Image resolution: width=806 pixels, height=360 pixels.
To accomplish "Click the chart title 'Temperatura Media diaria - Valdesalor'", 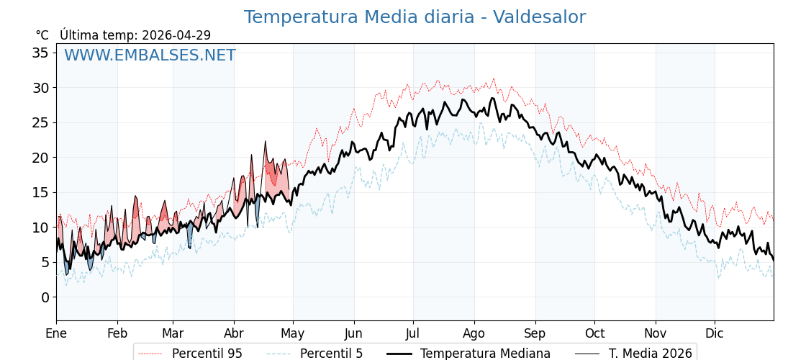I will [415, 17].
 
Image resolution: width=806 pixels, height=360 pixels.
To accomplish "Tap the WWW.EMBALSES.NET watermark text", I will [150, 55].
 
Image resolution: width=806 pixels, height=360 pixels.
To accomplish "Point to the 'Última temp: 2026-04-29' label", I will [135, 35].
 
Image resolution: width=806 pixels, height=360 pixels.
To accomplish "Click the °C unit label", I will [42, 35].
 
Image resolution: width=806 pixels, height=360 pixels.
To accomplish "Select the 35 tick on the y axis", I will [40, 53].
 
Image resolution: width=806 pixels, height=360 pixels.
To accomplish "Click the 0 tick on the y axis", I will [45, 297].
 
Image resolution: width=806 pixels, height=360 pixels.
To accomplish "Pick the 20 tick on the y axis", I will [40, 158].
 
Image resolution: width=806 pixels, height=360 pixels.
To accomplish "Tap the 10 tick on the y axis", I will [40, 228].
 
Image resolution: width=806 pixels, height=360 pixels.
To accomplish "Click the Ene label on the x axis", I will [56, 333].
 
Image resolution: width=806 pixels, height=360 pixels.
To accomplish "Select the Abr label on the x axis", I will [234, 333].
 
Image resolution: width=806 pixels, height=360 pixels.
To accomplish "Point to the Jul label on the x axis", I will [413, 333].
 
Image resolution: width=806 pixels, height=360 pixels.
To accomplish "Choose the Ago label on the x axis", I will [474, 333].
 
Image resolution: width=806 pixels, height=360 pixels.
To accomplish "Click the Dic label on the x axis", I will [715, 333].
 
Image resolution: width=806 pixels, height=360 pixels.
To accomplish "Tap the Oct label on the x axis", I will [594, 333].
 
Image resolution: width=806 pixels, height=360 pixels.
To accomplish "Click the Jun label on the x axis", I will [354, 333].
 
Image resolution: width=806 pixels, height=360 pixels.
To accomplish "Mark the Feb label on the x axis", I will [117, 333].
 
